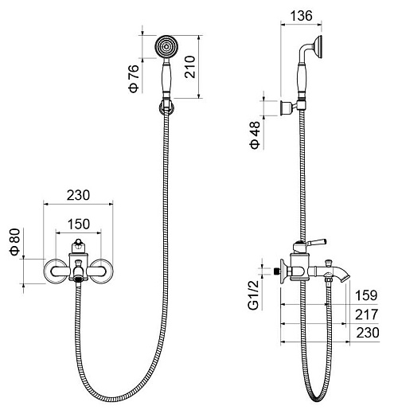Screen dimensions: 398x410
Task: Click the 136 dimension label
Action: pos(301,16)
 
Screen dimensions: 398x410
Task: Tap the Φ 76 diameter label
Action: pos(134,78)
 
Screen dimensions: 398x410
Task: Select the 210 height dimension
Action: pos(189,67)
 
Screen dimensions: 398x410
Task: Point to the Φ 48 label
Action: pos(255,135)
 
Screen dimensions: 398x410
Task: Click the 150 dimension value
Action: pos(79,224)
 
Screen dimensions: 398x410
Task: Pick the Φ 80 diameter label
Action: pos(15,241)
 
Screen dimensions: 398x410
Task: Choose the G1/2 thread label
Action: pos(253,295)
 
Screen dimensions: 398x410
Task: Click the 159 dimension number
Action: pos(366,295)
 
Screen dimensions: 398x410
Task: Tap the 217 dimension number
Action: pos(366,314)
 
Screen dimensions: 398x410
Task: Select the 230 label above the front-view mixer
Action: pos(78,195)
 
